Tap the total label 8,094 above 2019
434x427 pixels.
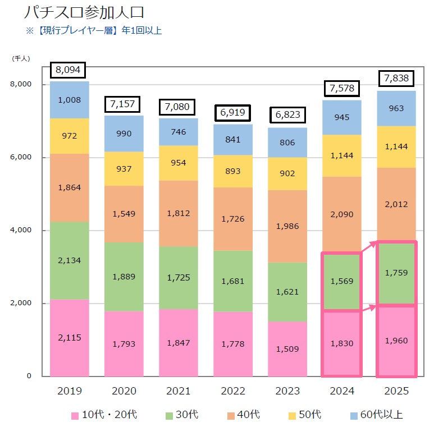point(68,70)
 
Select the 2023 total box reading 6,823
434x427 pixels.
point(288,115)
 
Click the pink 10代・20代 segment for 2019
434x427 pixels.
point(70,337)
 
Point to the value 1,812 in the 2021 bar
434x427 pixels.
point(179,213)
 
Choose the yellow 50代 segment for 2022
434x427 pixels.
point(233,171)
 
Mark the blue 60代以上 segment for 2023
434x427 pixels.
point(287,143)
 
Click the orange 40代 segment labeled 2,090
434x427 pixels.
point(342,214)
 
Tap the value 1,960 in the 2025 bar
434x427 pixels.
point(396,341)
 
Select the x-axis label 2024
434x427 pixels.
point(342,391)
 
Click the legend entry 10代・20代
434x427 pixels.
point(104,415)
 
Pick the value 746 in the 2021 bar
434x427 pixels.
point(179,132)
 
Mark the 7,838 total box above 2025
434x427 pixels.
point(396,78)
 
